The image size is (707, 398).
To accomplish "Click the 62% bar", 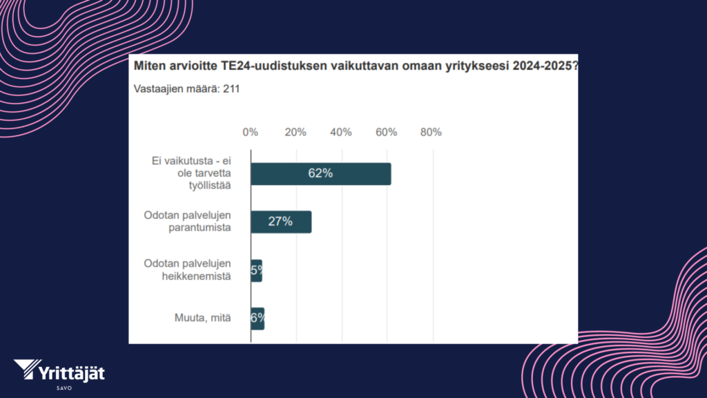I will pyautogui.click(x=320, y=174).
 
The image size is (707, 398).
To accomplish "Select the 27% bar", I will pyautogui.click(x=281, y=222).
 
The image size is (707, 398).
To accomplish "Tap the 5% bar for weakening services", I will pyautogui.click(x=256, y=271).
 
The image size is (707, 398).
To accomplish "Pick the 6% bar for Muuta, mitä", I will pyautogui.click(x=258, y=319).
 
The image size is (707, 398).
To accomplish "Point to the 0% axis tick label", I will pyautogui.click(x=250, y=132).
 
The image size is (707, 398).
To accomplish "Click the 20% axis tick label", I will pyautogui.click(x=296, y=132).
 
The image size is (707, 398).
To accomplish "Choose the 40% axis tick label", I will pyautogui.click(x=341, y=132).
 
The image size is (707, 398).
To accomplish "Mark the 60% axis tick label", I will pyautogui.click(x=386, y=132).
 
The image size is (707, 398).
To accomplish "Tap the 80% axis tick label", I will pyautogui.click(x=431, y=132).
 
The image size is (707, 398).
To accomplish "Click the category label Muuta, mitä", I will pyautogui.click(x=203, y=319).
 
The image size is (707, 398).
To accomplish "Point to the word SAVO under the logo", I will pyautogui.click(x=61, y=388).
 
